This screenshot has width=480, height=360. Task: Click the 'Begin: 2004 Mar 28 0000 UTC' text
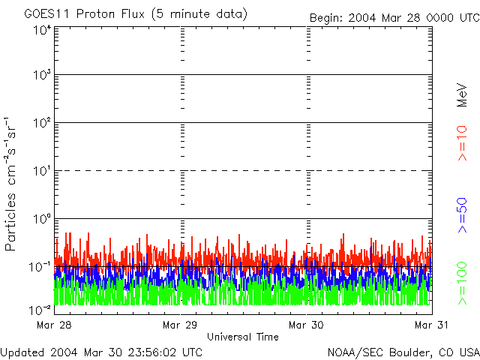pos(393,16)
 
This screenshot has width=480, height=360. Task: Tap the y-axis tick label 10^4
pos(41,30)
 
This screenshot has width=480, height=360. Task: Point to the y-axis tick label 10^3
pos(41,76)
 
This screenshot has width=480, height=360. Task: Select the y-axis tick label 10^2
pos(41,123)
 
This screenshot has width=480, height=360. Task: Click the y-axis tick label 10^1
pos(41,171)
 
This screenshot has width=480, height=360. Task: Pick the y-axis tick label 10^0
pos(41,219)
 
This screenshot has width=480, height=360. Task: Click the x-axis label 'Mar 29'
pos(180,325)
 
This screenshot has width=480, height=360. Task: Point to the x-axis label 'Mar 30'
pos(306,325)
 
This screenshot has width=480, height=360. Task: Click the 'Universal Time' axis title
pos(242,337)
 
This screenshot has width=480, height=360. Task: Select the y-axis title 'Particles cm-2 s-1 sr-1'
pos(12,184)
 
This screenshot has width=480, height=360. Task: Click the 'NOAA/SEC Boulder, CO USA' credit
pos(403,352)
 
